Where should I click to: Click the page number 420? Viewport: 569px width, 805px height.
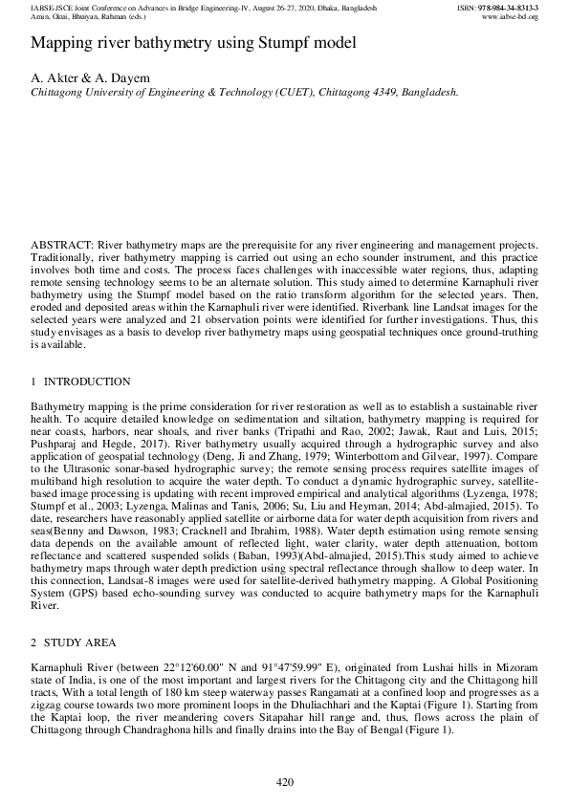(284, 783)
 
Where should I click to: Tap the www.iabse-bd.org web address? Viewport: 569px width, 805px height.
(512, 16)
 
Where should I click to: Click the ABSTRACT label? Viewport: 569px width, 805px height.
(61, 246)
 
